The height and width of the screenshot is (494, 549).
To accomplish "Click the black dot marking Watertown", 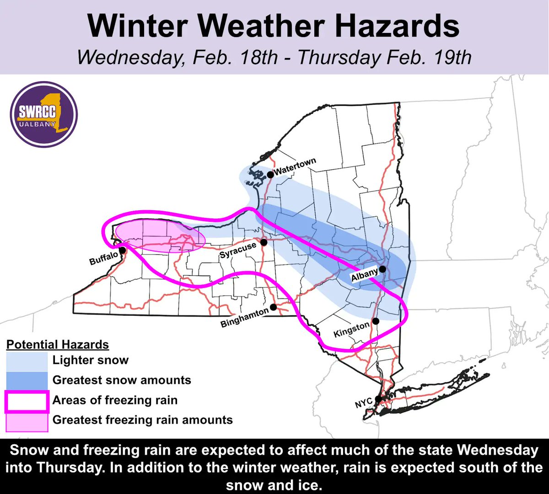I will (270, 174).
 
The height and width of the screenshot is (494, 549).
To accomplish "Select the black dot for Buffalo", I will (123, 250).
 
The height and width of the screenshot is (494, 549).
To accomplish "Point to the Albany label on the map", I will (364, 276).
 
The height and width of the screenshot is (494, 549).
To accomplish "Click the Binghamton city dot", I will (273, 307).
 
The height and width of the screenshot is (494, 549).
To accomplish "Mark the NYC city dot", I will (378, 399).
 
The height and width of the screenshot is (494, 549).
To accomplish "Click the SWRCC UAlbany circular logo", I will (44, 113).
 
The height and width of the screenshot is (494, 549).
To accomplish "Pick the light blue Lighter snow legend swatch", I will (27, 361).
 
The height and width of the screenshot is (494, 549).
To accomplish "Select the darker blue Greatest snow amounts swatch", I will (27, 380).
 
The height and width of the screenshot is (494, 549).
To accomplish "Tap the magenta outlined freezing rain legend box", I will (27, 401).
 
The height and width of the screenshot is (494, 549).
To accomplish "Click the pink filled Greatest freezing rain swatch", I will (27, 421).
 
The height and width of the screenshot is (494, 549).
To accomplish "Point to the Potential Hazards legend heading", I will (58, 345).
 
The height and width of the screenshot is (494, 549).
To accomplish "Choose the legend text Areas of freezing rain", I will (115, 401).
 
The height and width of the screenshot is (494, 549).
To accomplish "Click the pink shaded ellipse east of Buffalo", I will (159, 235).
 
